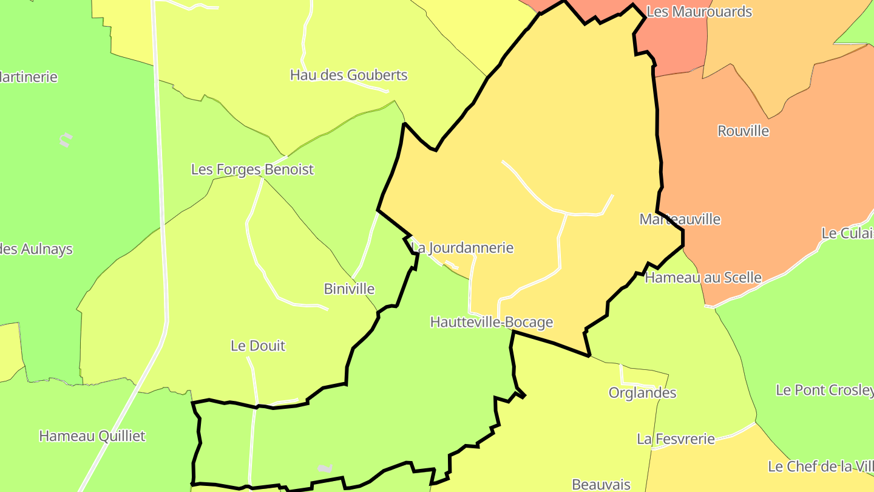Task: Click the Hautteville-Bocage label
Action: [x=492, y=322]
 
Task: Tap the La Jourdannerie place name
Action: [x=462, y=248]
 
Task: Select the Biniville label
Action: [x=349, y=289]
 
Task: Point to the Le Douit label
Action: [x=258, y=346]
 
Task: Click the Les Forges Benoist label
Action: [x=252, y=169]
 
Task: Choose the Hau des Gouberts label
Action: [x=348, y=75]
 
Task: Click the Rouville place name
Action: [x=743, y=131]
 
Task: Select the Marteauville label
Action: [x=680, y=219]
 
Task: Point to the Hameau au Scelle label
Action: [x=703, y=278]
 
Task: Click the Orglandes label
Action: [x=642, y=393]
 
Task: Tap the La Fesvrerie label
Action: [x=676, y=439]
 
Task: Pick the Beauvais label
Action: [x=601, y=485]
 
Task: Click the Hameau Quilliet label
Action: [x=92, y=436]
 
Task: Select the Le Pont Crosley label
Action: [x=824, y=390]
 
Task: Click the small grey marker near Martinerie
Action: [x=66, y=140]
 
